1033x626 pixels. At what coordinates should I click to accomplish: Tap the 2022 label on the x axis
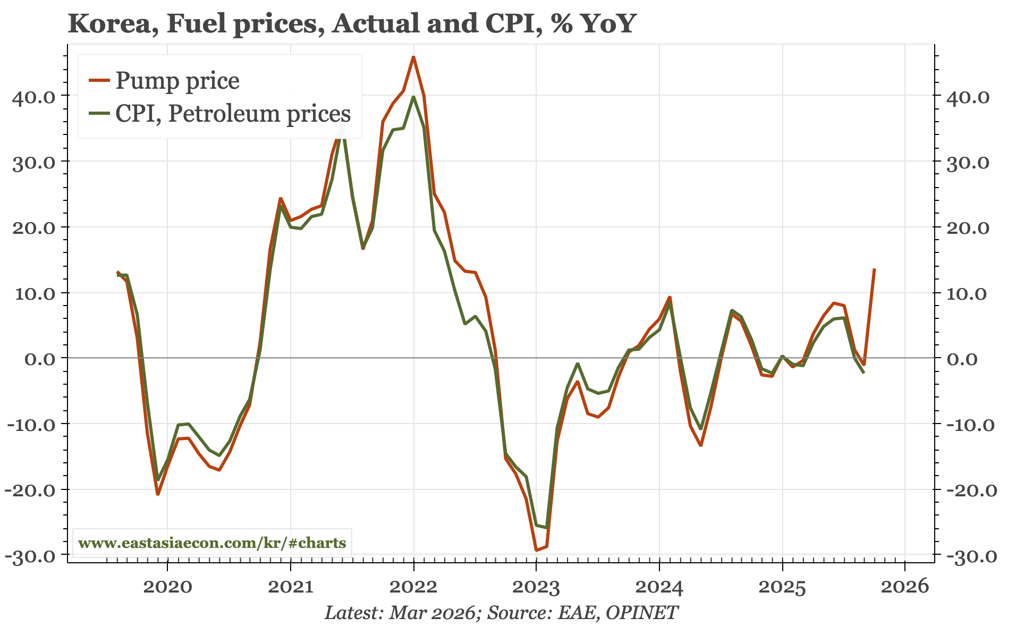click(x=413, y=587)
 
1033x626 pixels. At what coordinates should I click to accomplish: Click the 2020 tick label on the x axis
click(x=167, y=587)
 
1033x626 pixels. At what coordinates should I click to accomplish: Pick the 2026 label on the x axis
click(x=905, y=587)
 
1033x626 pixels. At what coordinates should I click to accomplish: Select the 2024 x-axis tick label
click(x=659, y=587)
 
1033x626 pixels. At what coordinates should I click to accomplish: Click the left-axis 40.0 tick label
click(x=33, y=97)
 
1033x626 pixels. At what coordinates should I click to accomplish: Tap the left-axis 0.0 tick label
click(x=40, y=359)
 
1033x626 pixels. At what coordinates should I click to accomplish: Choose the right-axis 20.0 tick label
click(x=968, y=228)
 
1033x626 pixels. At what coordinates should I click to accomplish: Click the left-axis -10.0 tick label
click(x=30, y=425)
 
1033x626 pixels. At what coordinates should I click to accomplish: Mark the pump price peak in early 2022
click(x=413, y=57)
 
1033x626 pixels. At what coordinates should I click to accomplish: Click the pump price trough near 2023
click(x=536, y=550)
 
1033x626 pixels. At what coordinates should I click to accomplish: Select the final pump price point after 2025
click(x=874, y=269)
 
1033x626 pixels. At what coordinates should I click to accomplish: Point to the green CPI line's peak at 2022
click(x=413, y=97)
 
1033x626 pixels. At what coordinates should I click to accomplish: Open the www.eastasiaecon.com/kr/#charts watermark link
click(x=212, y=543)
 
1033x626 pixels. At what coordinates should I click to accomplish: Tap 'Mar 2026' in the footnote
click(x=432, y=613)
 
